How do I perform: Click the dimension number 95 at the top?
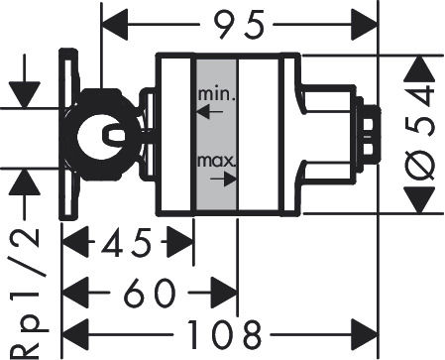click(239, 24)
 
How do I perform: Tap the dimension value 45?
click(126, 242)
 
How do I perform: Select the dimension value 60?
click(149, 293)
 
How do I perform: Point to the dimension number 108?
click(224, 334)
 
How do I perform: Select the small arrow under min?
click(210, 112)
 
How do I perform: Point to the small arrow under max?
click(224, 179)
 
